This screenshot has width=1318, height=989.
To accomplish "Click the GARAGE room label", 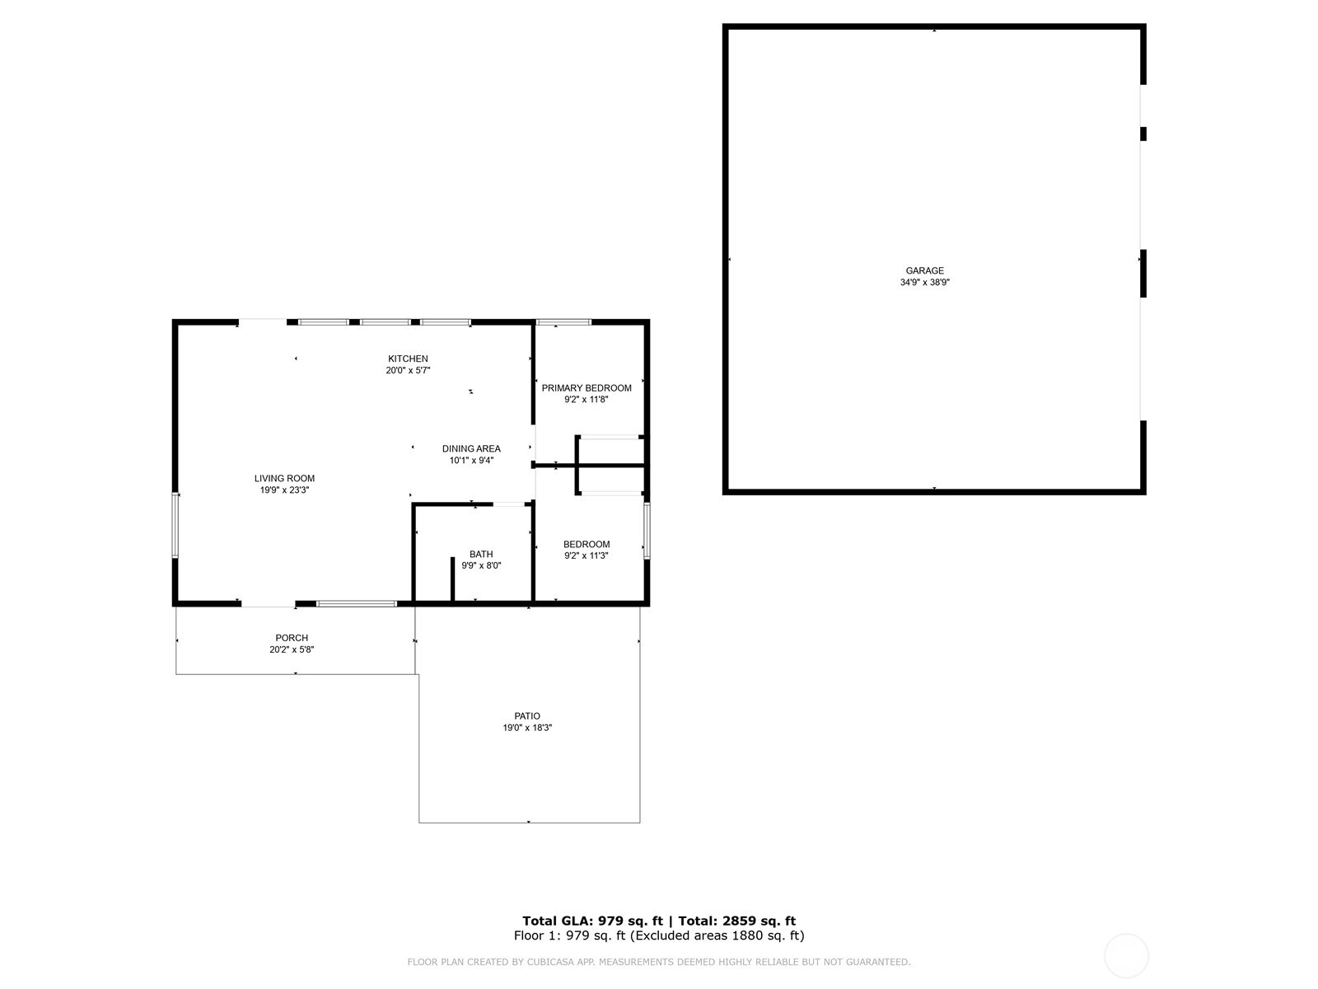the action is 924,271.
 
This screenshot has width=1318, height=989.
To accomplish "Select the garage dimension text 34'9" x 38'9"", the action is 924,282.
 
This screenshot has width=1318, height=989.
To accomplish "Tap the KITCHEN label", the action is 408,359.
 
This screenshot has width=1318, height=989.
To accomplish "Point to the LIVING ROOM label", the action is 284,479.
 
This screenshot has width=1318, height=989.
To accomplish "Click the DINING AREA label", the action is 471,448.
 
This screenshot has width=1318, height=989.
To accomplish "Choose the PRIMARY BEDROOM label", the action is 586,388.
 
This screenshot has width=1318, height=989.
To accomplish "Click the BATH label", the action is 481,554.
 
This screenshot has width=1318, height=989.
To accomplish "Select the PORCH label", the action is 292,638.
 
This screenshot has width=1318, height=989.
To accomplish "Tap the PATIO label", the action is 527,715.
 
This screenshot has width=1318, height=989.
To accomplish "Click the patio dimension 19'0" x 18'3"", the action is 527,728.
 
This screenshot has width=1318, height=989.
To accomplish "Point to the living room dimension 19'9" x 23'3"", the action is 284,490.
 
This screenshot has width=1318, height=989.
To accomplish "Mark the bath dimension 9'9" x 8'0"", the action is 481,565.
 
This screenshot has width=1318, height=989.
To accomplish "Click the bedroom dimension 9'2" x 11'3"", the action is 586,556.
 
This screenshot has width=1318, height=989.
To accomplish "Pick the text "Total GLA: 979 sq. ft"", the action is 592,921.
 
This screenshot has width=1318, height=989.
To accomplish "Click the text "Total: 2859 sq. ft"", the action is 736,921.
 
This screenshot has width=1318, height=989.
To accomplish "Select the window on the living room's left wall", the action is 175,526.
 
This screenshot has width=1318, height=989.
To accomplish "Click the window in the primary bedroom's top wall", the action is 563,322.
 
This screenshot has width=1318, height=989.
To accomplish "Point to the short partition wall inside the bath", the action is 453,579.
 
